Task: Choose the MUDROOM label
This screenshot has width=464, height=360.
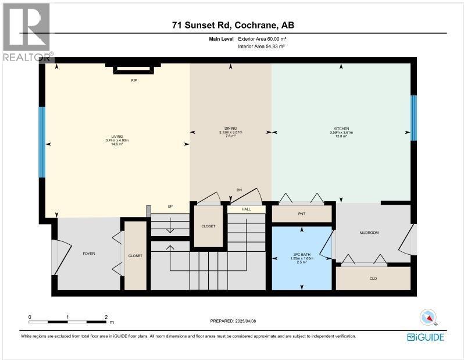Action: (x=369, y=233)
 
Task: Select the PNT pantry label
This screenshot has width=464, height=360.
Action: (x=301, y=214)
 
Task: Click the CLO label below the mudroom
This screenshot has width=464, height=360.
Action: (x=373, y=279)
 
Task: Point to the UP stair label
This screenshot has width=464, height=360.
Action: (x=170, y=206)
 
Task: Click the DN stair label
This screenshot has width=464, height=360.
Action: (x=238, y=190)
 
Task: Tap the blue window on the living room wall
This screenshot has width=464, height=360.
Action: (x=42, y=142)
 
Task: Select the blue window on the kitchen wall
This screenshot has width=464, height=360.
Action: (x=413, y=118)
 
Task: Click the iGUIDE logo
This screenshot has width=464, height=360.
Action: (x=427, y=337)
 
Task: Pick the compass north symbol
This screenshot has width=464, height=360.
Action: (x=428, y=317)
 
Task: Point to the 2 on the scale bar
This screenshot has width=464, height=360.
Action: (x=106, y=318)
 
